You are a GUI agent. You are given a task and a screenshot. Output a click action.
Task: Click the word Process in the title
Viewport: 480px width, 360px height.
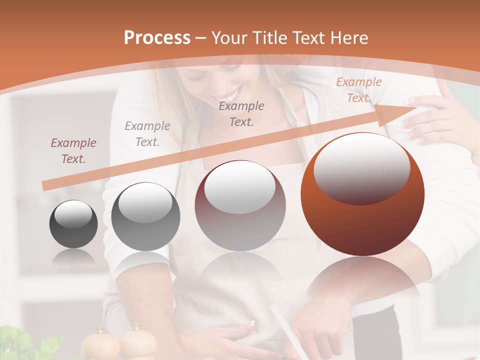pyautogui.click(x=157, y=37)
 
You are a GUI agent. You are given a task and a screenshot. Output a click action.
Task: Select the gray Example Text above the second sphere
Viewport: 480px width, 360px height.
pyautogui.click(x=147, y=134)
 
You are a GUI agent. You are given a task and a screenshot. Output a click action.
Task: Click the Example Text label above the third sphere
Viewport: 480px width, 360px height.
pyautogui.click(x=241, y=113)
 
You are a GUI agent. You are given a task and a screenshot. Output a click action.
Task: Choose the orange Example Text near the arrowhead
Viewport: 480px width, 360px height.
pyautogui.click(x=358, y=90)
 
